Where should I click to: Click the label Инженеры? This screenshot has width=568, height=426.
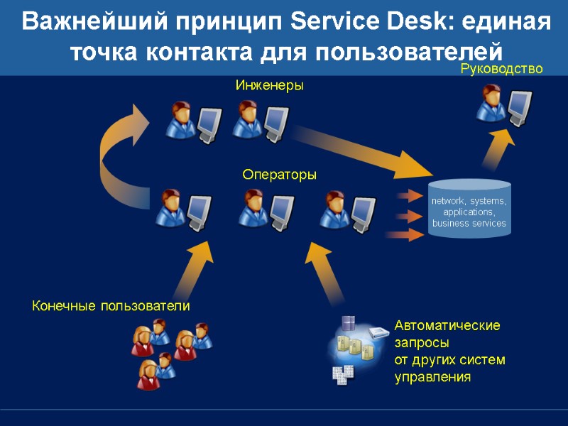pos(269,85)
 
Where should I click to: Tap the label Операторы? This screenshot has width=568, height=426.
pos(279,174)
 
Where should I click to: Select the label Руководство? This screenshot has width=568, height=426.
pos(501,69)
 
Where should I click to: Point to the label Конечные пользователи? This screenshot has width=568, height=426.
pos(111,306)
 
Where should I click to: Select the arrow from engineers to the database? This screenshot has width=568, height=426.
pos(362,149)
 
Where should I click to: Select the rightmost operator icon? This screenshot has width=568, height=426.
pos(347,209)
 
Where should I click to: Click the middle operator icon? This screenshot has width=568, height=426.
pos(266,209)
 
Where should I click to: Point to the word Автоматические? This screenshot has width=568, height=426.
pos(447,326)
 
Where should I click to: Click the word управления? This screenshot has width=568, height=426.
pos(432,377)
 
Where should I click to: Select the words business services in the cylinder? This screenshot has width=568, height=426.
pos(469,223)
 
